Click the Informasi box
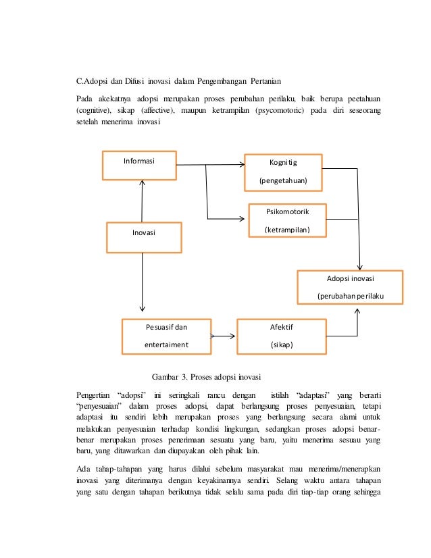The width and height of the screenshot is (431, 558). click(x=139, y=165)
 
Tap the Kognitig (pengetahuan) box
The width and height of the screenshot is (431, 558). click(x=283, y=172)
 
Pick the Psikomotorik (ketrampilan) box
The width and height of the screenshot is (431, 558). click(x=287, y=220)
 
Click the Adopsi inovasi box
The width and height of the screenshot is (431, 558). click(x=350, y=287)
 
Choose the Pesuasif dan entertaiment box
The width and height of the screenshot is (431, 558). click(x=166, y=336)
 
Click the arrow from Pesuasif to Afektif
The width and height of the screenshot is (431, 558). click(x=224, y=336)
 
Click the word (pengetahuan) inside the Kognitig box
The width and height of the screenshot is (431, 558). click(x=283, y=180)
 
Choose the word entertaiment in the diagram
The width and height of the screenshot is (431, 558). click(x=166, y=345)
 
